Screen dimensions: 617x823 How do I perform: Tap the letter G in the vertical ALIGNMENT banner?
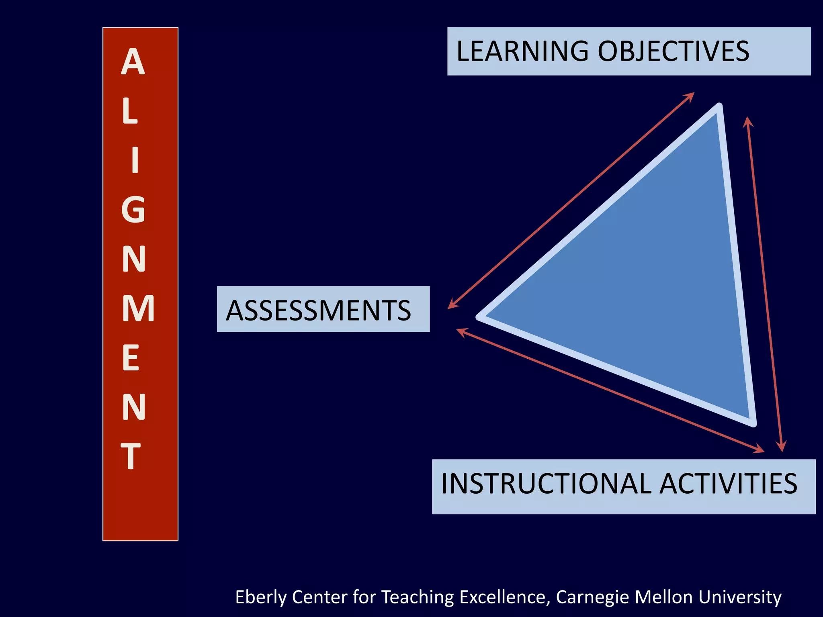click(133, 209)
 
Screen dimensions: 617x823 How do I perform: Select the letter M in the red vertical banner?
click(138, 308)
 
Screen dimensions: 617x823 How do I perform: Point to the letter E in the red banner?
click(131, 358)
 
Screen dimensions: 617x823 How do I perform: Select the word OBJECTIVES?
click(674, 51)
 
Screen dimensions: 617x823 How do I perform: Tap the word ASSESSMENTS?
click(318, 311)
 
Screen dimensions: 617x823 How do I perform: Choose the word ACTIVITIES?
click(729, 484)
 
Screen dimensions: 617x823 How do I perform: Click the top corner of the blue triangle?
click(719, 108)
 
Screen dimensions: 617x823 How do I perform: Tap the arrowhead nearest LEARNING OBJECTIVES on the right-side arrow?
click(747, 121)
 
